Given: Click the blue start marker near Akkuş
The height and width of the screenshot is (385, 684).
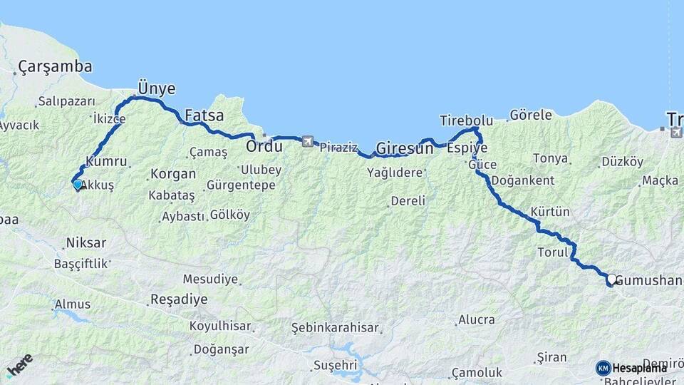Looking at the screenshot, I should point(78,184).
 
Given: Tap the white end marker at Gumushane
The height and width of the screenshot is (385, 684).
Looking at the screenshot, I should point(611,279).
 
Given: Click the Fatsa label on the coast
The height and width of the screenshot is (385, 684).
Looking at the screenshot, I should point(204,115).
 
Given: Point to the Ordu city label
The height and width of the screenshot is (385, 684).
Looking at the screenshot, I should point(264,147).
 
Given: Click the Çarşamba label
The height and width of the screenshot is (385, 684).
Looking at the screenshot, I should point(55,67).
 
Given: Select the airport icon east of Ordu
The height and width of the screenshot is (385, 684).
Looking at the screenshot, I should point(307,141).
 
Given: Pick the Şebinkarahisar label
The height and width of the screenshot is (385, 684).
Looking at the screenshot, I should point(336,327).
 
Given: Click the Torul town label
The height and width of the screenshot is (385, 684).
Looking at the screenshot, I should point(551,252).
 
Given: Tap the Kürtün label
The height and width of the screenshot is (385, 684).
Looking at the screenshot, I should point(551,212).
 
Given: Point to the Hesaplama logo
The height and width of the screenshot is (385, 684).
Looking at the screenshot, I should point(632,368).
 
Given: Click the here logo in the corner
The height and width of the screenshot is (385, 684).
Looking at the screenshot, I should point(19,365).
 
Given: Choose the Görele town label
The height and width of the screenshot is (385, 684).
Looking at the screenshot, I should point(531,115).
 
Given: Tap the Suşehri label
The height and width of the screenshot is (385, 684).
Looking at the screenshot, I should point(334,366).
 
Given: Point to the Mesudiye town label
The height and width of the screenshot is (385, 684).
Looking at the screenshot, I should point(210,279).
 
